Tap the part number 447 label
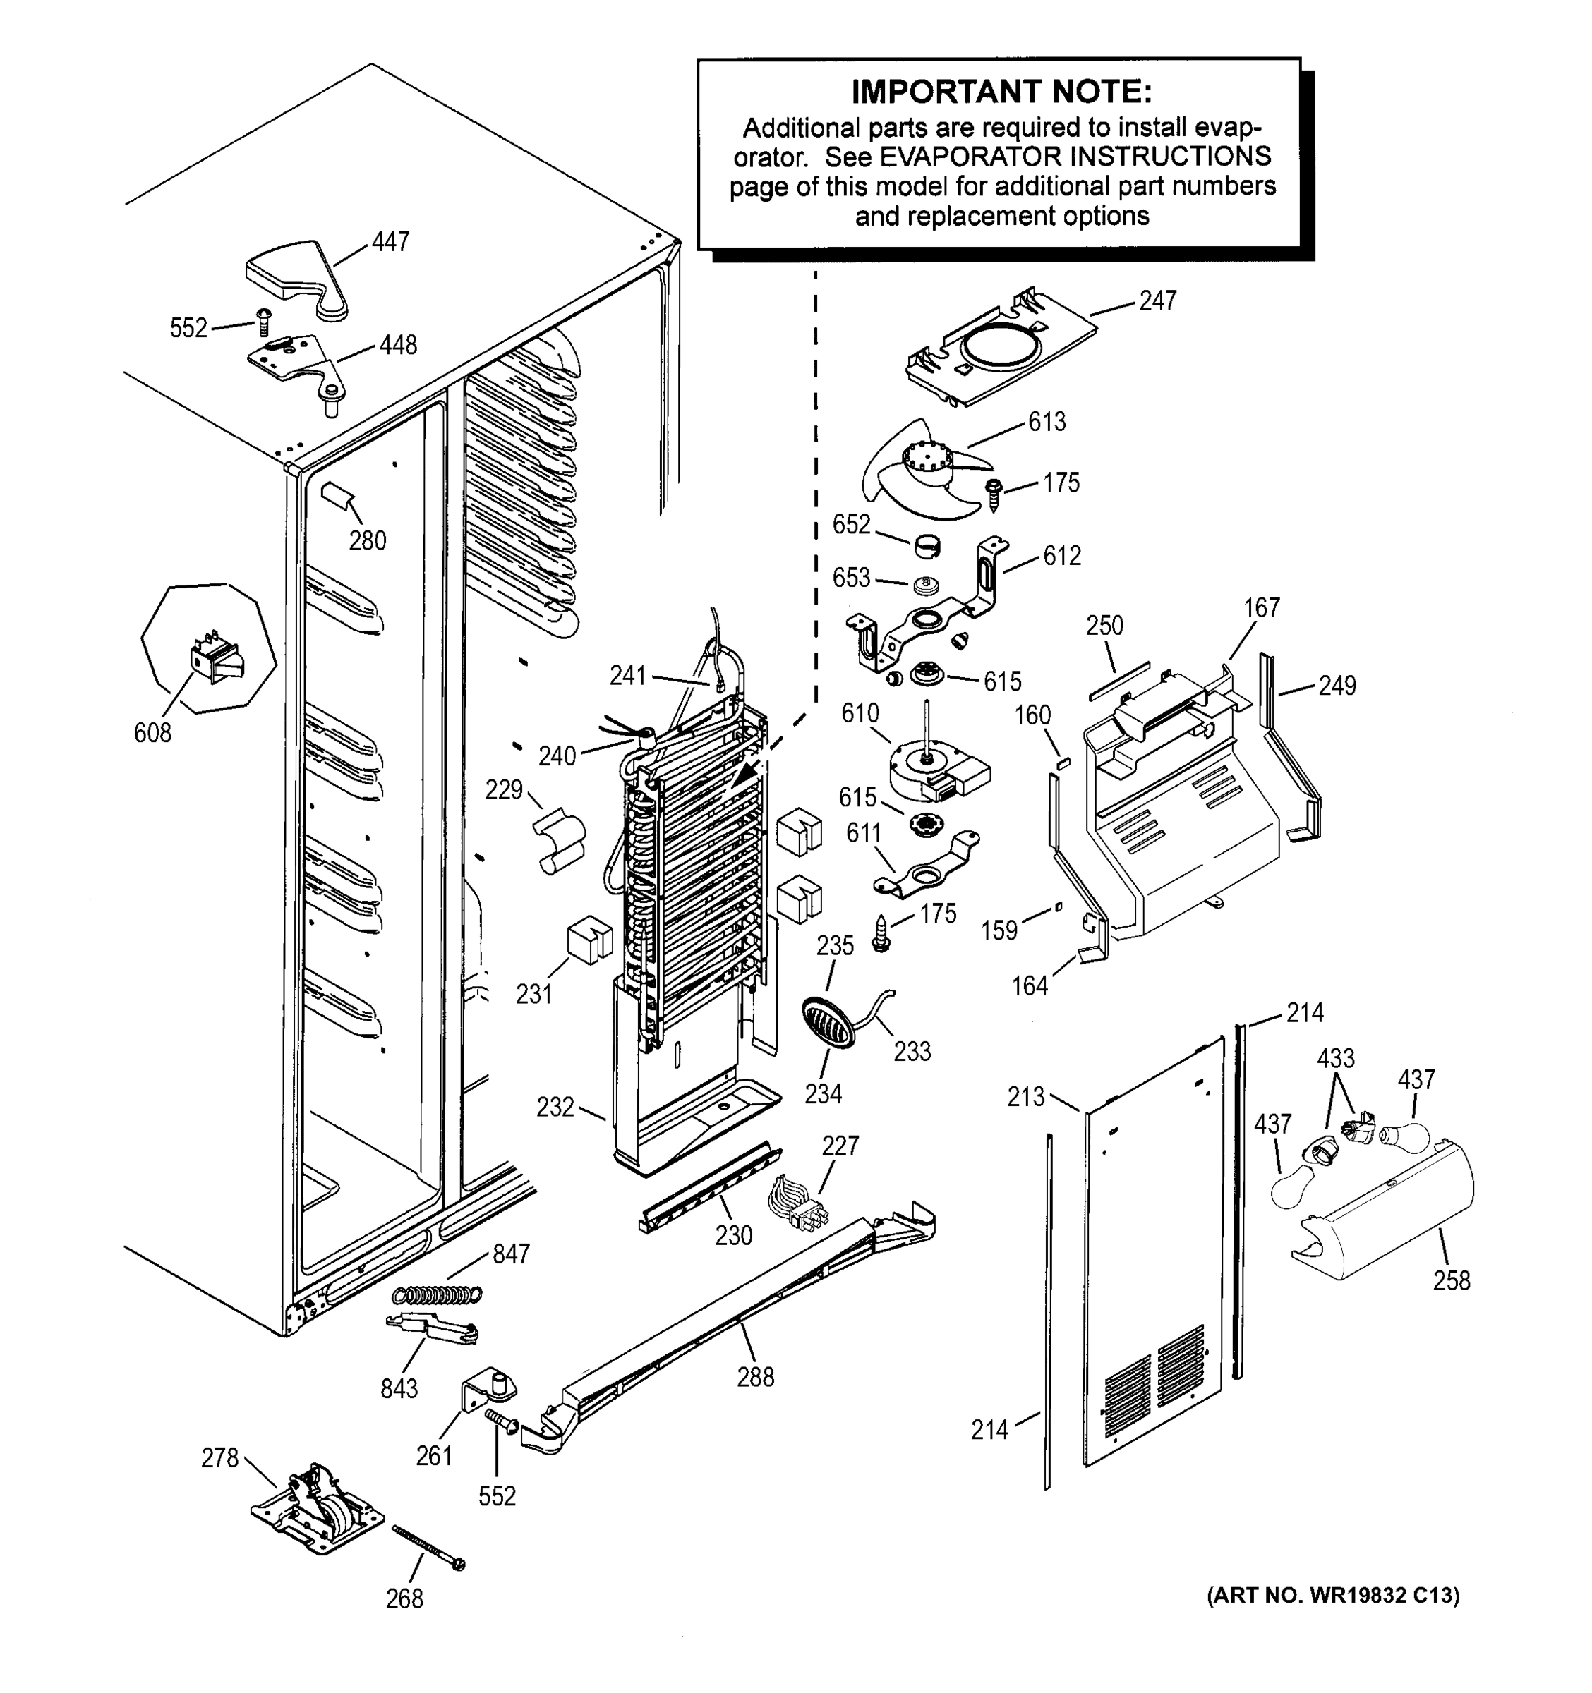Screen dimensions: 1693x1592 (x=390, y=242)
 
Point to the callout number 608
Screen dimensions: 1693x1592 (x=152, y=732)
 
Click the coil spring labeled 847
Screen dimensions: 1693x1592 (x=437, y=1294)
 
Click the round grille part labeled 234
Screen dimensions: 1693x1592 (x=828, y=1023)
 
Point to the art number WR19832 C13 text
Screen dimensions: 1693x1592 (x=1332, y=1595)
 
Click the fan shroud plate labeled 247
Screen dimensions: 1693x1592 (x=1001, y=349)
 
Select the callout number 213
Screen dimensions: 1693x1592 (x=1025, y=1097)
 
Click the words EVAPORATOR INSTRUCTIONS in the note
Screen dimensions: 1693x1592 (x=1075, y=157)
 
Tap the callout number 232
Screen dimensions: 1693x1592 (x=555, y=1107)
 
